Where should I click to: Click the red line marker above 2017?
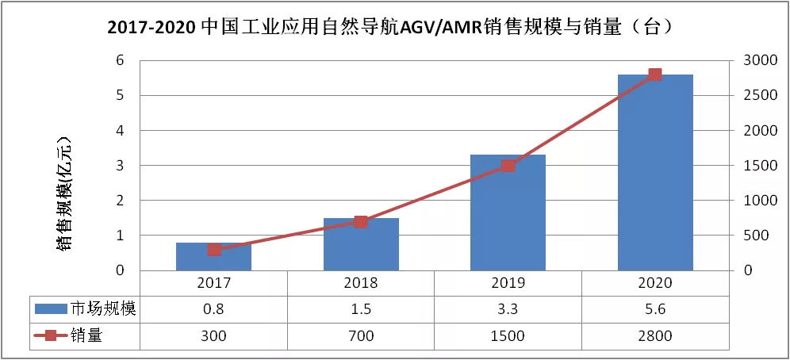click(214, 250)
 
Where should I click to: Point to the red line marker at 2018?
click(361, 221)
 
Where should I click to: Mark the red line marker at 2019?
click(508, 166)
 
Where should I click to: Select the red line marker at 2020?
click(655, 75)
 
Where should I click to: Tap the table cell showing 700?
click(361, 335)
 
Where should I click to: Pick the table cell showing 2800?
click(655, 335)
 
